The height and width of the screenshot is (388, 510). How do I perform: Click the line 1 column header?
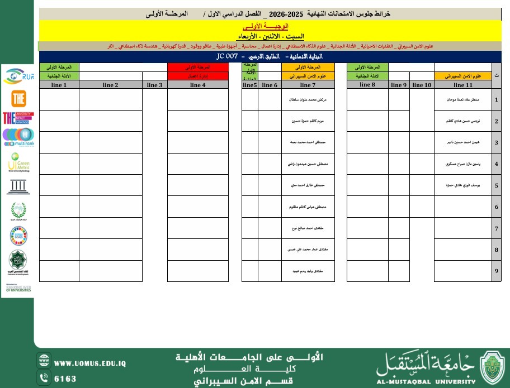(x=59, y=85)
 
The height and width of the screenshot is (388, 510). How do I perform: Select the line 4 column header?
(x=198, y=85)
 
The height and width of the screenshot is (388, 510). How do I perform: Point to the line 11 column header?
(x=463, y=85)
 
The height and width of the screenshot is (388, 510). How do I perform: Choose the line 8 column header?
(x=367, y=85)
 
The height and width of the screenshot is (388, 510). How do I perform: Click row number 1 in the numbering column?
(x=496, y=100)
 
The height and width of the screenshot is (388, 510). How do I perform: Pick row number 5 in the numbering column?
(x=496, y=185)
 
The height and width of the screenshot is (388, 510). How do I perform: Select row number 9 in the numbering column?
(x=496, y=271)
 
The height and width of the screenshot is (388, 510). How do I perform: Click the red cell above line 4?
(x=198, y=75)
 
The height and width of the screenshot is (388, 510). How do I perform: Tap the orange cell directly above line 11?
(x=463, y=75)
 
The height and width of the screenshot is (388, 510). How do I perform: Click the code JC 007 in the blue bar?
(x=228, y=57)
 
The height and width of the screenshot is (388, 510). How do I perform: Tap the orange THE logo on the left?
(x=18, y=99)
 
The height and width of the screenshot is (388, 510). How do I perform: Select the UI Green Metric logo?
(x=18, y=164)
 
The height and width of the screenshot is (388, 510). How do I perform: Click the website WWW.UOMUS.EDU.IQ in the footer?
(x=90, y=363)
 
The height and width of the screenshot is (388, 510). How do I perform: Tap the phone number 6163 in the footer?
(x=65, y=378)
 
